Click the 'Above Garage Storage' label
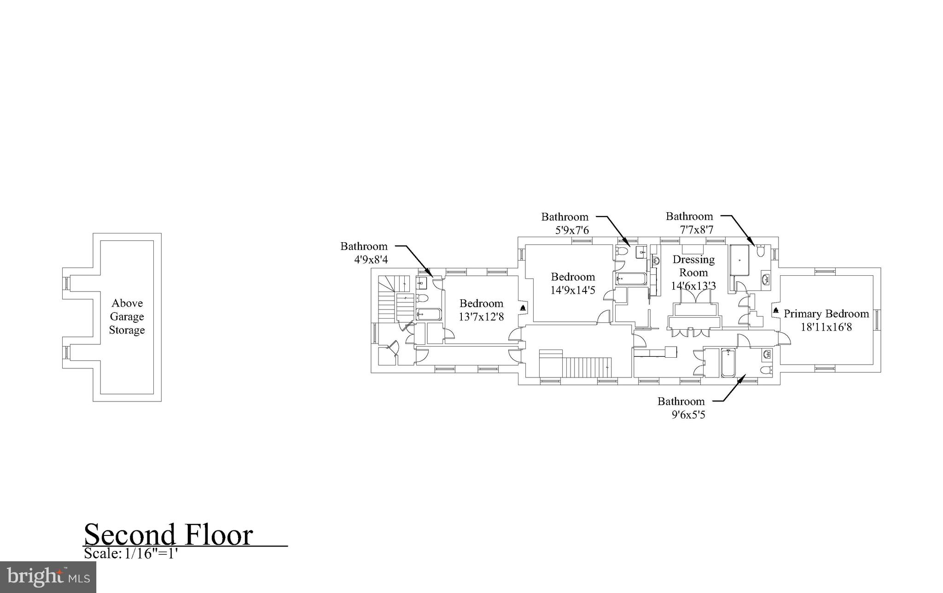click(127, 317)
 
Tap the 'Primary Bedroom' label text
click(826, 314)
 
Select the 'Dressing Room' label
click(693, 266)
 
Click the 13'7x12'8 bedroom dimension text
click(481, 317)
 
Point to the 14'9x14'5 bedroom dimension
click(573, 290)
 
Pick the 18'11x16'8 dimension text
click(826, 327)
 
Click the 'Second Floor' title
click(169, 535)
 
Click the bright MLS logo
click(48, 576)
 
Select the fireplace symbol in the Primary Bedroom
click(776, 309)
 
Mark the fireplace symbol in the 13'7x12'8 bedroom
click(523, 307)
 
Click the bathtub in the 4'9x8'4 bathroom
click(429, 314)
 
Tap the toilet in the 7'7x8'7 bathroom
click(760, 251)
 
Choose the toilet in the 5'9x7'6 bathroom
click(621, 251)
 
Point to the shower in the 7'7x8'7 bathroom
click(739, 260)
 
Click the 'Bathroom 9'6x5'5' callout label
click(681, 408)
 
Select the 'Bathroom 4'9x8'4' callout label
click(364, 253)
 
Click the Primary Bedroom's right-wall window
click(877, 320)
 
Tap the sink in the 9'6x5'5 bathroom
click(767, 354)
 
